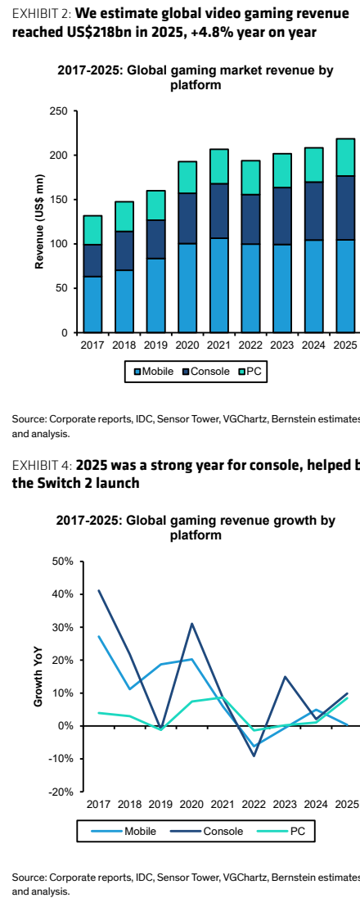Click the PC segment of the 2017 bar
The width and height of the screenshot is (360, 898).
(x=92, y=230)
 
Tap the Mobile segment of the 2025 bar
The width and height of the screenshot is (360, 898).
(x=344, y=286)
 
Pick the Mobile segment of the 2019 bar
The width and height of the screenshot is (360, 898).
(x=155, y=296)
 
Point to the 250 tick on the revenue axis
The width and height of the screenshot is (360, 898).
(x=60, y=111)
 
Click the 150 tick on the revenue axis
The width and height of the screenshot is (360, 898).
(x=60, y=200)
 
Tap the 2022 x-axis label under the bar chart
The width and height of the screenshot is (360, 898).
(x=250, y=345)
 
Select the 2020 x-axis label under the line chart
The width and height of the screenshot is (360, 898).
(x=192, y=805)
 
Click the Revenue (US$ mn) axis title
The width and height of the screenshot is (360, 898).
(x=39, y=222)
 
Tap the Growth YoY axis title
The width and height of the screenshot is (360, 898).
(x=38, y=676)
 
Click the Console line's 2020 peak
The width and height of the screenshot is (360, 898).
(x=192, y=624)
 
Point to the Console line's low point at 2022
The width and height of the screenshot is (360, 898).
(x=254, y=756)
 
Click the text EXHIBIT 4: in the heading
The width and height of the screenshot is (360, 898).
(x=42, y=464)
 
